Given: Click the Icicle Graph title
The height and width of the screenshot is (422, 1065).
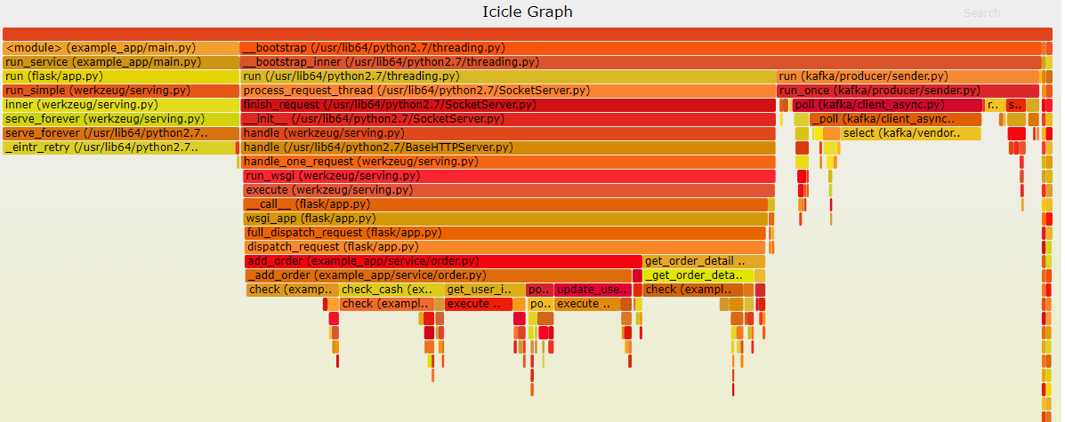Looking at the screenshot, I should tap(527, 12).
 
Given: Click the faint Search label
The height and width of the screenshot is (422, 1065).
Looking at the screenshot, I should tap(981, 13).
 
